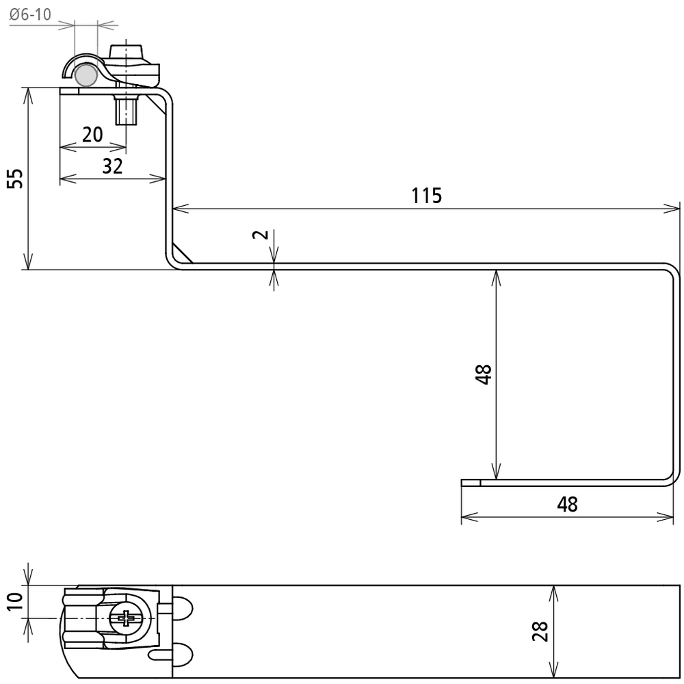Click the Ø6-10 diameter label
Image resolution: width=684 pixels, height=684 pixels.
(x=30, y=14)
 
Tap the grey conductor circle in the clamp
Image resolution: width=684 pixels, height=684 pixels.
(x=85, y=75)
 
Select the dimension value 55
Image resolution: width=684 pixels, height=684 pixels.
(x=16, y=179)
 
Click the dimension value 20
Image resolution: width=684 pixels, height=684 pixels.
(x=92, y=134)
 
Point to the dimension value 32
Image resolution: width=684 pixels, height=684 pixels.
(x=113, y=166)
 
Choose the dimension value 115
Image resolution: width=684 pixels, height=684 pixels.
(x=427, y=196)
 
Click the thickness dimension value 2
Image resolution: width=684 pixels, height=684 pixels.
(x=261, y=234)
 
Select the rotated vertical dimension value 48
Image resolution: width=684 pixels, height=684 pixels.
(x=484, y=374)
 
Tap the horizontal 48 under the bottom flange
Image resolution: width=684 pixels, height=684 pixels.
(x=568, y=504)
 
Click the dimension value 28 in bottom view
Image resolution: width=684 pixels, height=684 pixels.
(x=540, y=631)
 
